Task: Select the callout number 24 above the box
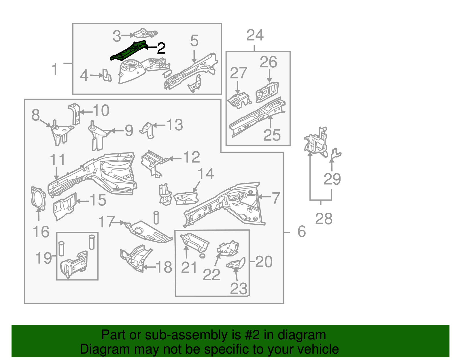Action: click(x=255, y=35)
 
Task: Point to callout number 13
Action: click(x=175, y=125)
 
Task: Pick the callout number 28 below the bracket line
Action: click(x=324, y=219)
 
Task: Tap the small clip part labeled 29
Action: click(x=335, y=154)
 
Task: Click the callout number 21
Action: click(x=189, y=267)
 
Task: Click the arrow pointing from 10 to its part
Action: click(x=86, y=112)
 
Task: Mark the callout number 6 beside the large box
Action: click(x=301, y=231)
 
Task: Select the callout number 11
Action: click(x=57, y=159)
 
